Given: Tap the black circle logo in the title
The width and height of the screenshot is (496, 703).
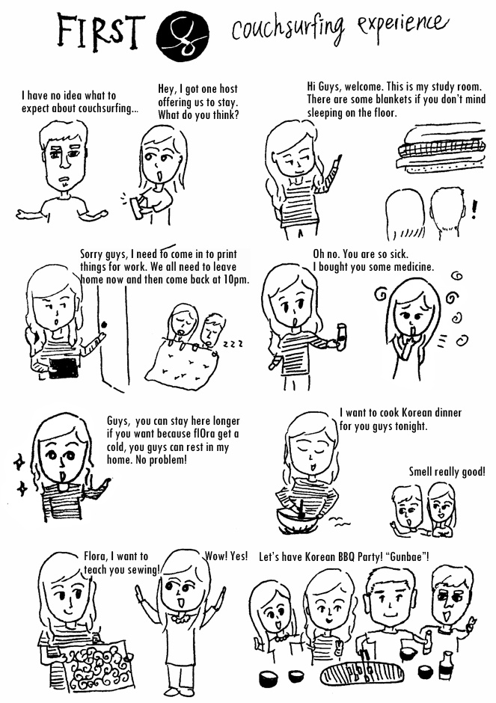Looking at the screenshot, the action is (x=183, y=37).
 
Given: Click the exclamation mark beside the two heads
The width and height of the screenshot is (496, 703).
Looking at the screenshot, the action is (x=474, y=209).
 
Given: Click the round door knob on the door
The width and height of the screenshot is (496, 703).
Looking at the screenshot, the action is (x=105, y=324).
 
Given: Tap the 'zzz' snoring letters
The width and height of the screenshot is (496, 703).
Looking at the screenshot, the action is (x=233, y=344).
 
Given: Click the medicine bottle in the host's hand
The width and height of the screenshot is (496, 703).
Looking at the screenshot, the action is (x=342, y=337).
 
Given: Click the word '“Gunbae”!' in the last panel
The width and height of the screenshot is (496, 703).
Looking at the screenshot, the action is (x=408, y=557).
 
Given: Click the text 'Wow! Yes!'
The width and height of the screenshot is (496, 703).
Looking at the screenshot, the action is (x=227, y=556).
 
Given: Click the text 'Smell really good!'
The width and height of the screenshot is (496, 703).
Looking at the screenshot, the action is (x=447, y=472).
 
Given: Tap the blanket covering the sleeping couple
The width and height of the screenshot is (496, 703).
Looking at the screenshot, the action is (x=183, y=366).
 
